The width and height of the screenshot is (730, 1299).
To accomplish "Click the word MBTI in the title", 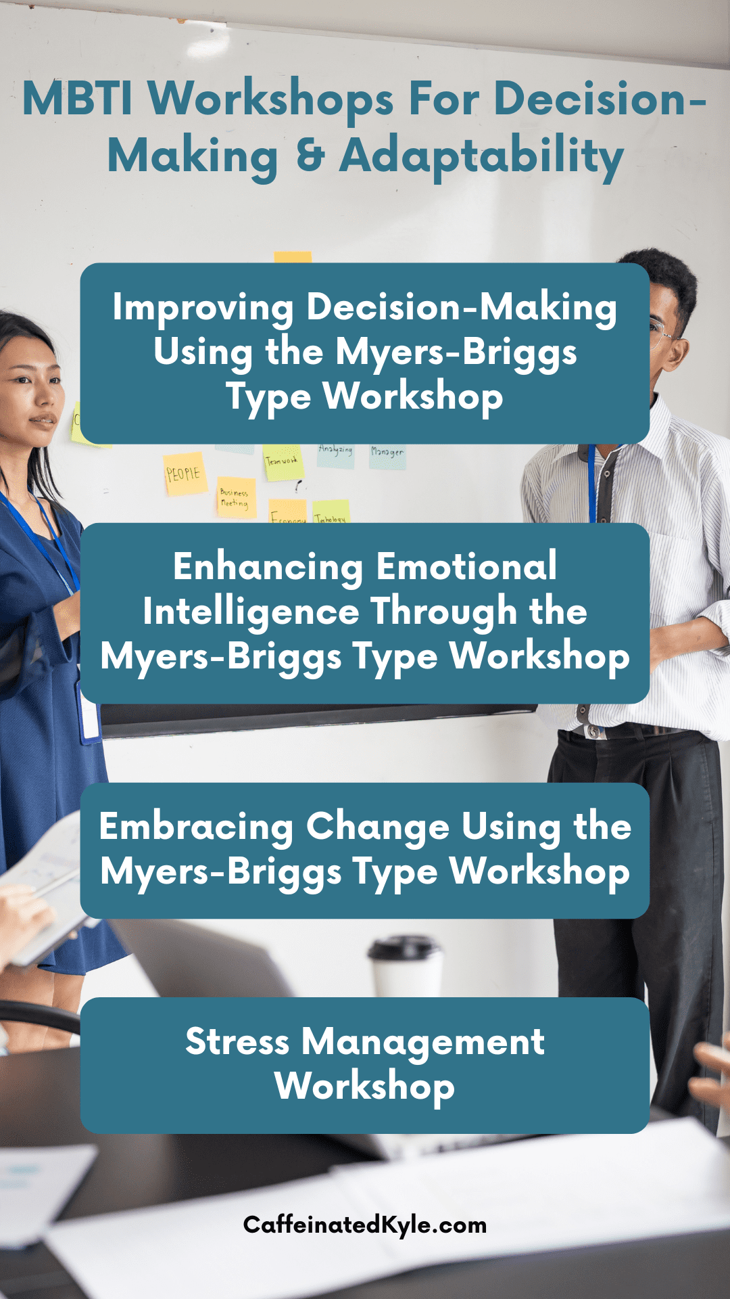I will pyautogui.click(x=77, y=99).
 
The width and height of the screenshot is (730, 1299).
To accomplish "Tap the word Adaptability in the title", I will pyautogui.click(x=481, y=157).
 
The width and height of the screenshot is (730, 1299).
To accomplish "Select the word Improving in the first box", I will pyautogui.click(x=203, y=308).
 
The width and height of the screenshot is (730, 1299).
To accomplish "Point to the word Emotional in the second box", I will pyautogui.click(x=466, y=566).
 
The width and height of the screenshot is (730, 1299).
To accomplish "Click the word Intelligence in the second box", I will pyautogui.click(x=251, y=612).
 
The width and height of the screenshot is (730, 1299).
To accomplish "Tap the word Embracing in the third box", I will pyautogui.click(x=196, y=827).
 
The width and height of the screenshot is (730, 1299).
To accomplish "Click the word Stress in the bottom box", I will pyautogui.click(x=237, y=1041).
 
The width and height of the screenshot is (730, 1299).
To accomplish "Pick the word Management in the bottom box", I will pyautogui.click(x=422, y=1043).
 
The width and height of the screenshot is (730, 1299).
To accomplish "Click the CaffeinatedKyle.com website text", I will pyautogui.click(x=365, y=1225).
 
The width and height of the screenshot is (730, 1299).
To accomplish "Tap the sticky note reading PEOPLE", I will pyautogui.click(x=184, y=474).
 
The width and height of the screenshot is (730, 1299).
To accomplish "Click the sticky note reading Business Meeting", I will pyautogui.click(x=235, y=499).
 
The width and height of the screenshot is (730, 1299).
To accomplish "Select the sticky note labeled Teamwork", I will pyautogui.click(x=283, y=463).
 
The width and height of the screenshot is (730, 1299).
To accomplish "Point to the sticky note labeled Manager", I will pyautogui.click(x=387, y=455).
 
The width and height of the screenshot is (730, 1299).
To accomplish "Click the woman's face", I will pyautogui.click(x=30, y=392).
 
